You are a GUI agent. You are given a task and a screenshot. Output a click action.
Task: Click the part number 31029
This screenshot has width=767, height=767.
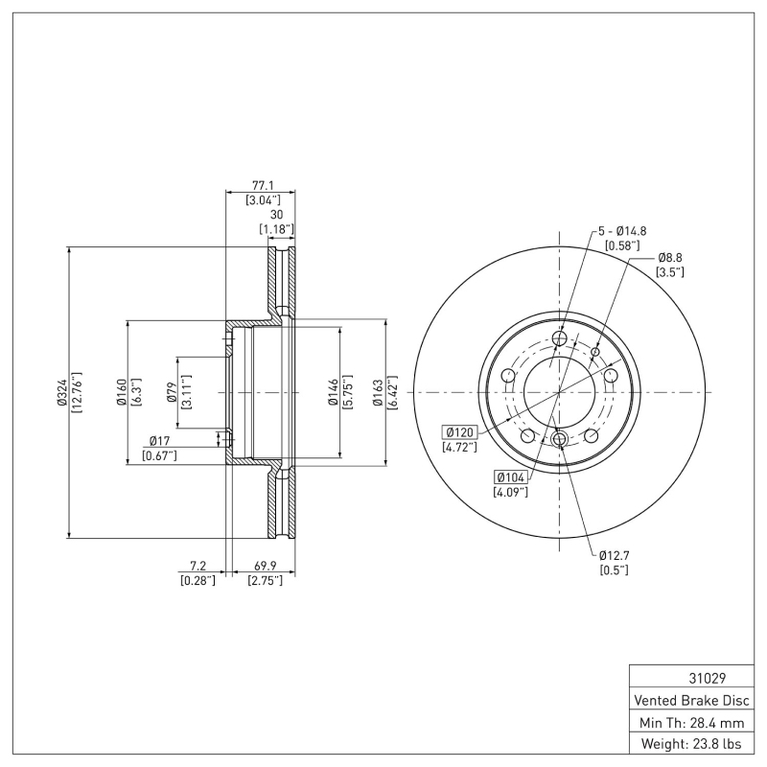[x=693, y=677]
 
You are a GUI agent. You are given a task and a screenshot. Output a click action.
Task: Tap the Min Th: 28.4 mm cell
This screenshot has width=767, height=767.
[x=693, y=721]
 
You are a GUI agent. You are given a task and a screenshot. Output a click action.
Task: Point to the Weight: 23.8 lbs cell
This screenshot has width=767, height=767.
[x=693, y=743]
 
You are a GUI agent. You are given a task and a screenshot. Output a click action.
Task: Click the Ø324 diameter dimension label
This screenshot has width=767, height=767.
[x=62, y=392]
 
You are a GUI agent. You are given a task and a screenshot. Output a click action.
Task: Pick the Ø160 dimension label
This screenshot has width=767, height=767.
[x=122, y=392]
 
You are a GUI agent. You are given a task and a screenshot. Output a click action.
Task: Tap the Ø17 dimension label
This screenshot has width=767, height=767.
[x=159, y=442]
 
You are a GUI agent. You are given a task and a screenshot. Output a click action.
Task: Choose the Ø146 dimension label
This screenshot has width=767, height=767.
[x=333, y=392]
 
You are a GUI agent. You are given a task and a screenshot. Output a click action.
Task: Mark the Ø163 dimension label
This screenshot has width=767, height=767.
[x=378, y=392]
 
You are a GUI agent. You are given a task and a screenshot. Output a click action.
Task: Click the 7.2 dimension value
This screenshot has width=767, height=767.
[x=197, y=567]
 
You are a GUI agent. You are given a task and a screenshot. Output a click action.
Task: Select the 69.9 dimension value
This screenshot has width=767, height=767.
[x=264, y=567]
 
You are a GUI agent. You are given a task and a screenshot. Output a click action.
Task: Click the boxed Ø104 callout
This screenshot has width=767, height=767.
[x=511, y=476]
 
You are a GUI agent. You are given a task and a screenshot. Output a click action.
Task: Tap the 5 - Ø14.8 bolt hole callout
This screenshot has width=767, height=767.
[x=622, y=231]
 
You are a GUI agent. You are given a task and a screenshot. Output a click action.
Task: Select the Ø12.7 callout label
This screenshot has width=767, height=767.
[x=614, y=555]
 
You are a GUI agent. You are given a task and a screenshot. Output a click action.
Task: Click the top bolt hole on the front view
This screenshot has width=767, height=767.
[x=560, y=338]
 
